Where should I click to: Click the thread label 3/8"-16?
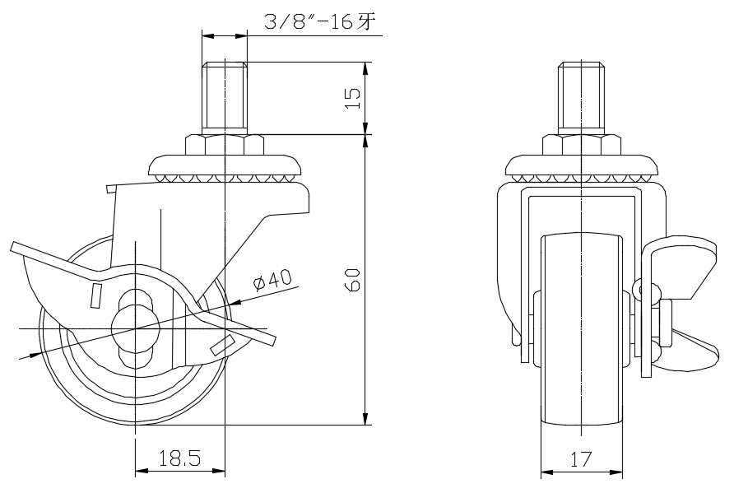(309, 22)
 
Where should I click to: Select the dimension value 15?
(352, 97)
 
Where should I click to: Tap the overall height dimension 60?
(353, 280)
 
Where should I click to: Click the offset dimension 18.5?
(179, 458)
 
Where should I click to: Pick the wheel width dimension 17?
(581, 459)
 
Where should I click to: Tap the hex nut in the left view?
(224, 146)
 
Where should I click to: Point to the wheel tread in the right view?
(581, 329)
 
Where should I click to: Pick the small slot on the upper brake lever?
(96, 293)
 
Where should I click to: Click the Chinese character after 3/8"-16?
(368, 22)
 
